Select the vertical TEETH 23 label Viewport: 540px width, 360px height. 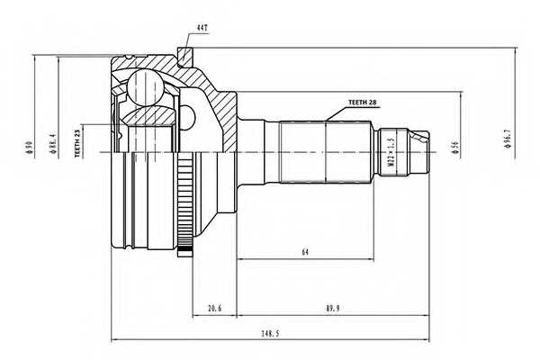(77, 141)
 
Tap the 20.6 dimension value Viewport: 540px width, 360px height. (214, 309)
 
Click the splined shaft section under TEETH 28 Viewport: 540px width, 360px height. (324, 148)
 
